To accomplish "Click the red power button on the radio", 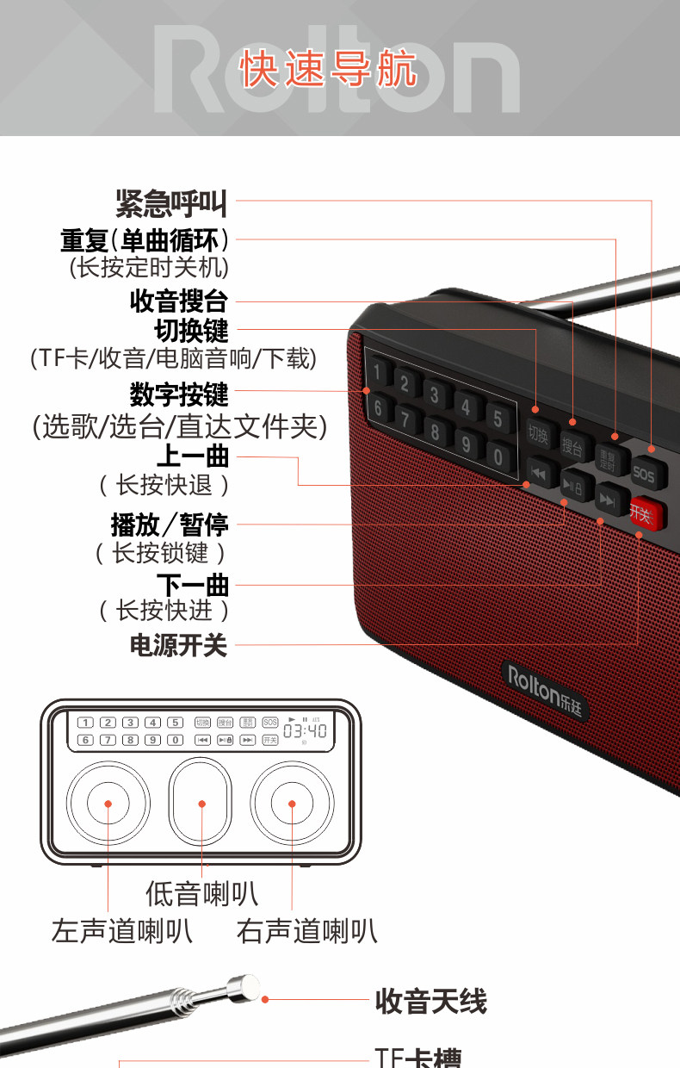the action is (x=646, y=514).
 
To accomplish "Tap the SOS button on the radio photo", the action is (x=643, y=473).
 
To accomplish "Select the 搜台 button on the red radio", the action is (x=572, y=446).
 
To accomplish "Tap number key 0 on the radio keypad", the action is (x=498, y=455).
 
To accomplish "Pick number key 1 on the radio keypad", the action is (x=378, y=373).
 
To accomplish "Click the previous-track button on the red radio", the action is (x=539, y=472).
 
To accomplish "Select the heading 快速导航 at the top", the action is (x=329, y=69).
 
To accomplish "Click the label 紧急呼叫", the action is (x=171, y=203).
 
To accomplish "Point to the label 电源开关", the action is (x=178, y=645).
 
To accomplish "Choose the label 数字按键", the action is (x=179, y=395).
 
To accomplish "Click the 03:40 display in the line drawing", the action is (x=305, y=730).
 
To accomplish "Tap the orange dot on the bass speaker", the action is (x=201, y=804).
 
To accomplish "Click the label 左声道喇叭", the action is (x=121, y=930).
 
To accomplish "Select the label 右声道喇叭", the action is (x=306, y=930).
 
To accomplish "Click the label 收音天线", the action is (x=430, y=1002).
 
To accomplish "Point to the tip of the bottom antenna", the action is (x=247, y=986).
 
